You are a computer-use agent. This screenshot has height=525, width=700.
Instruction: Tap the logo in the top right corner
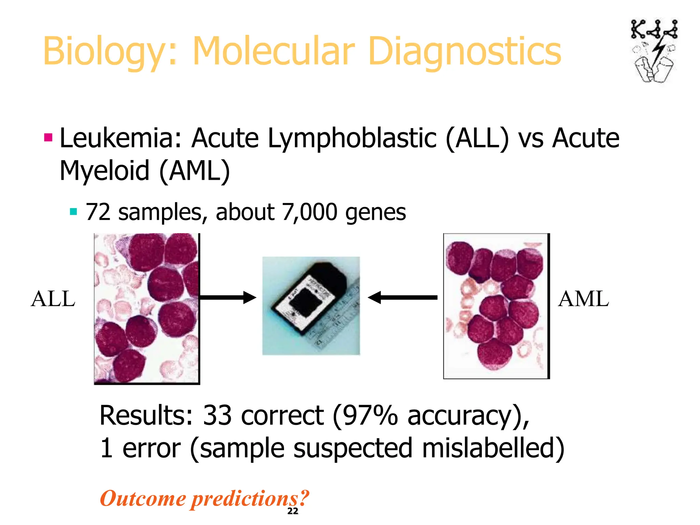[654, 51]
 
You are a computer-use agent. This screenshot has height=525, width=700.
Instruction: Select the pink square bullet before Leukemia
[48, 138]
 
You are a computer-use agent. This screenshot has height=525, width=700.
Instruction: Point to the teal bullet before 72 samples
[73, 212]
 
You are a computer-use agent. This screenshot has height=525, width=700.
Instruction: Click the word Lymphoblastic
[352, 138]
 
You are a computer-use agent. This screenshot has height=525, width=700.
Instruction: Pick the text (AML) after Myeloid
[195, 171]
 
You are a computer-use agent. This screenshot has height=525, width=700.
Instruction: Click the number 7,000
[310, 212]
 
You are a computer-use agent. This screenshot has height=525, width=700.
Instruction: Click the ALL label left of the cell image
[53, 299]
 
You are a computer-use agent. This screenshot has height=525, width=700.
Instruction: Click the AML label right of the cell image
[583, 299]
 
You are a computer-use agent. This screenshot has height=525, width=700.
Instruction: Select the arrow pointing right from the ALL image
[228, 297]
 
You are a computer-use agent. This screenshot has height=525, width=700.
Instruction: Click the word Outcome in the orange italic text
[143, 498]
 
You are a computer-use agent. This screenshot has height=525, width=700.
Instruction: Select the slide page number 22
[293, 511]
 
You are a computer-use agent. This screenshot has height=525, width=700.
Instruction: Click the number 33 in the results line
[217, 416]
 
